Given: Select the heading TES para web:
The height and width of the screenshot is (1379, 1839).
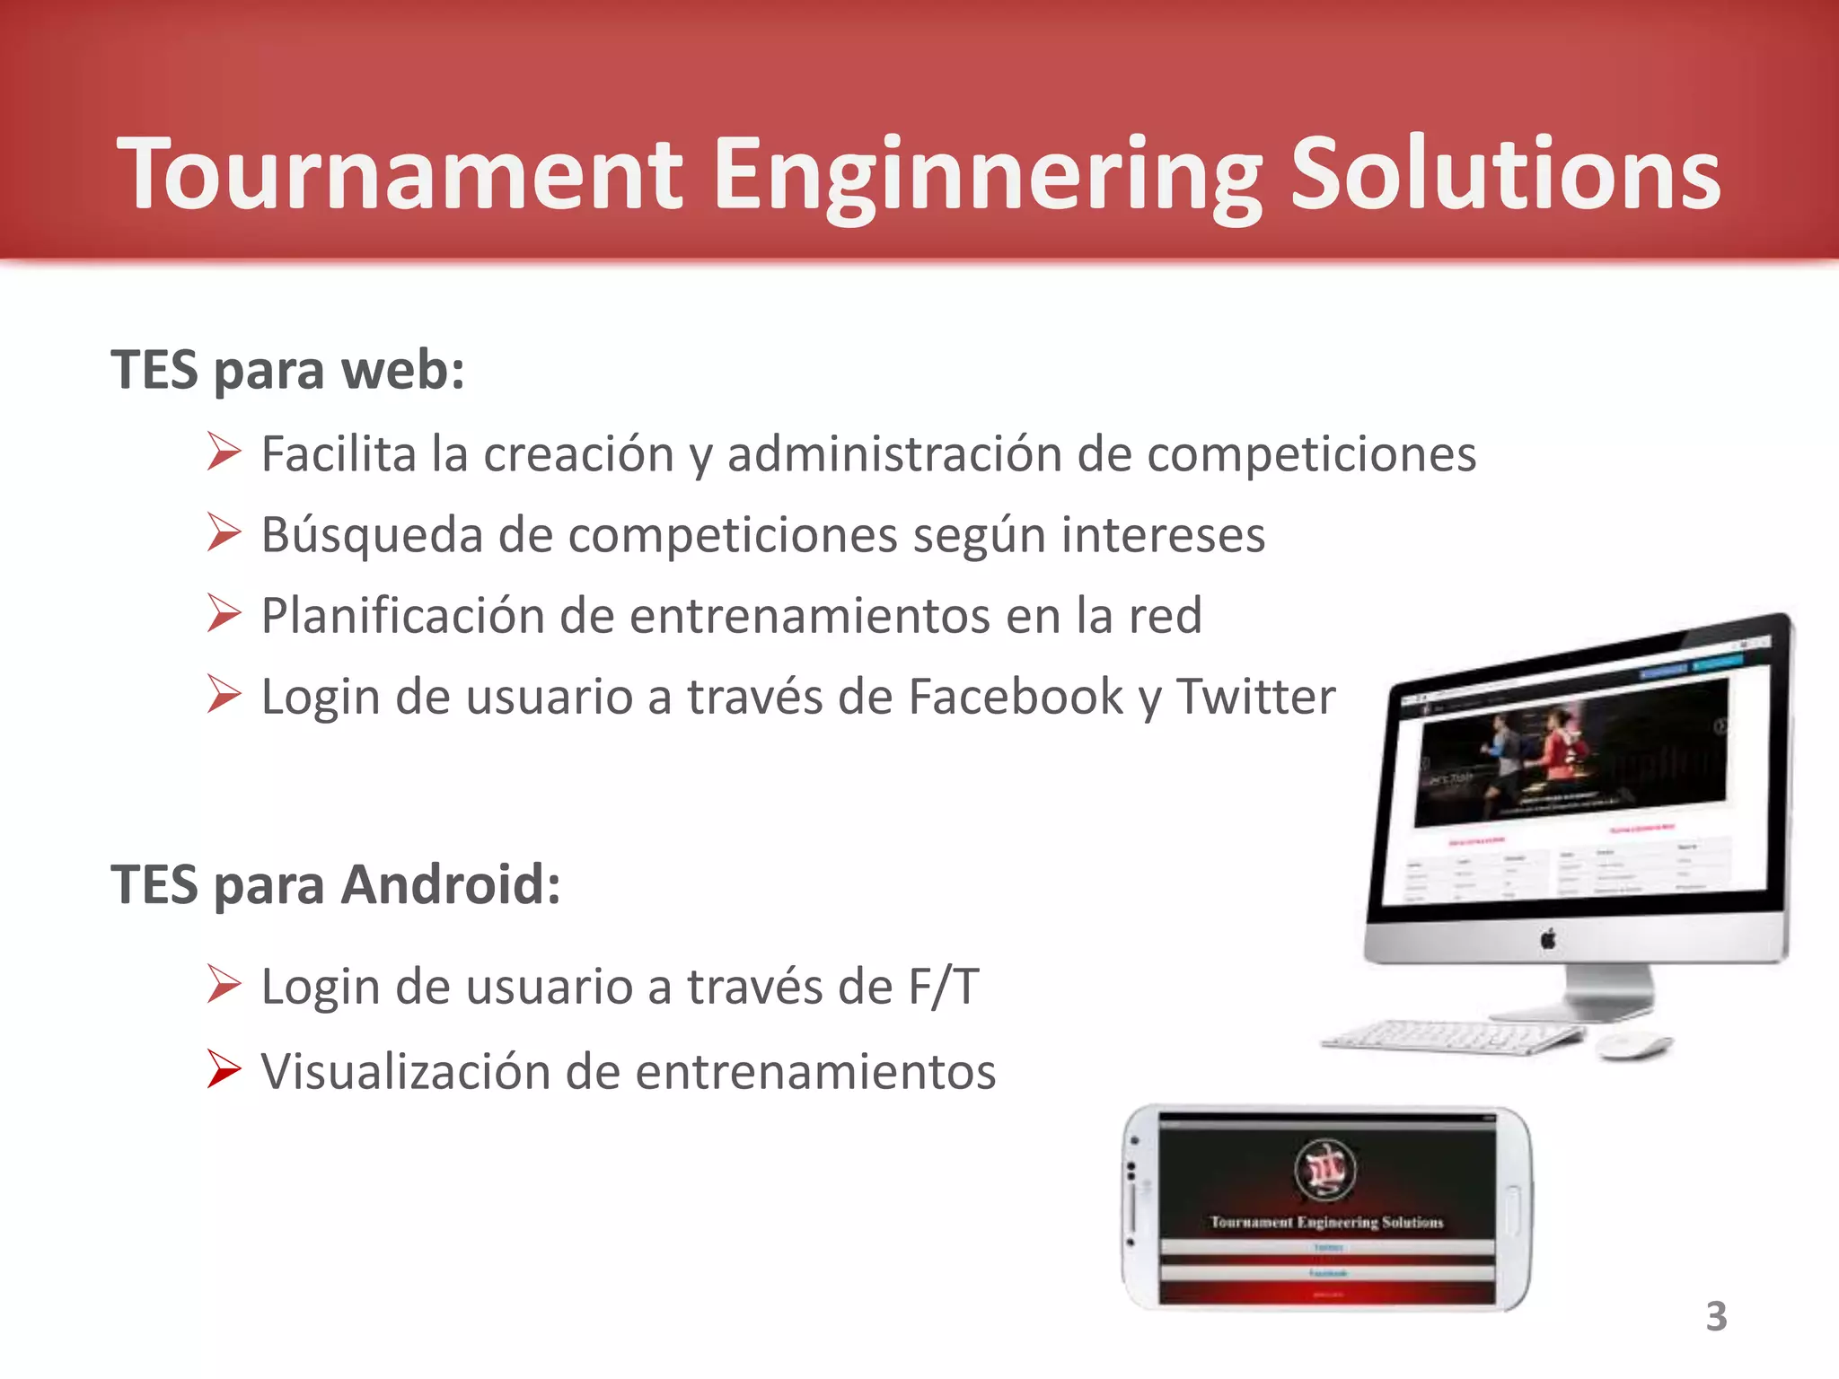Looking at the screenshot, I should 287,370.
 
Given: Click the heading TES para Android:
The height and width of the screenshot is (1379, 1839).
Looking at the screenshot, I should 336,885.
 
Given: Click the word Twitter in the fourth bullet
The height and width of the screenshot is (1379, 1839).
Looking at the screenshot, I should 1255,697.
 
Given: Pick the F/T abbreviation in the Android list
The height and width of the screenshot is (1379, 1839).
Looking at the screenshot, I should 943,988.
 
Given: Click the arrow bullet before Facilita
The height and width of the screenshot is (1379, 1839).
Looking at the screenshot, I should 224,452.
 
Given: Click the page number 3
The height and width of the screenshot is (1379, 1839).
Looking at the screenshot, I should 1716,1317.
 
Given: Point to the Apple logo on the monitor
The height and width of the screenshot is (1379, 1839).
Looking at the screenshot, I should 1548,940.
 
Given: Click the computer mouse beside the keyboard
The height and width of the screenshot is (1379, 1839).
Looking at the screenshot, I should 1633,1045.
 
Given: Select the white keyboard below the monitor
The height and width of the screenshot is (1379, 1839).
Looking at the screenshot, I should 1450,1038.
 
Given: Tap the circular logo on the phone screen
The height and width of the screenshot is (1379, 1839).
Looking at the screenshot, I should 1325,1170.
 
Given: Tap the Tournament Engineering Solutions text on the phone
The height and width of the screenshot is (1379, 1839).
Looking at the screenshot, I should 1326,1222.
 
